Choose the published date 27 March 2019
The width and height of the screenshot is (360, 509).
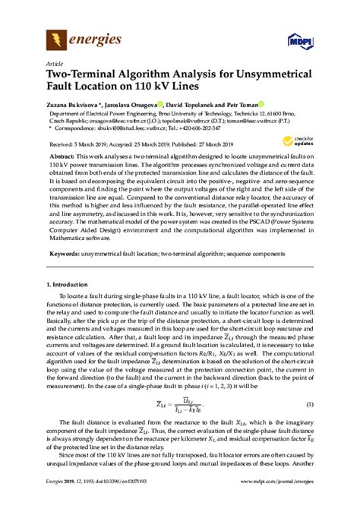[x=228, y=144]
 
